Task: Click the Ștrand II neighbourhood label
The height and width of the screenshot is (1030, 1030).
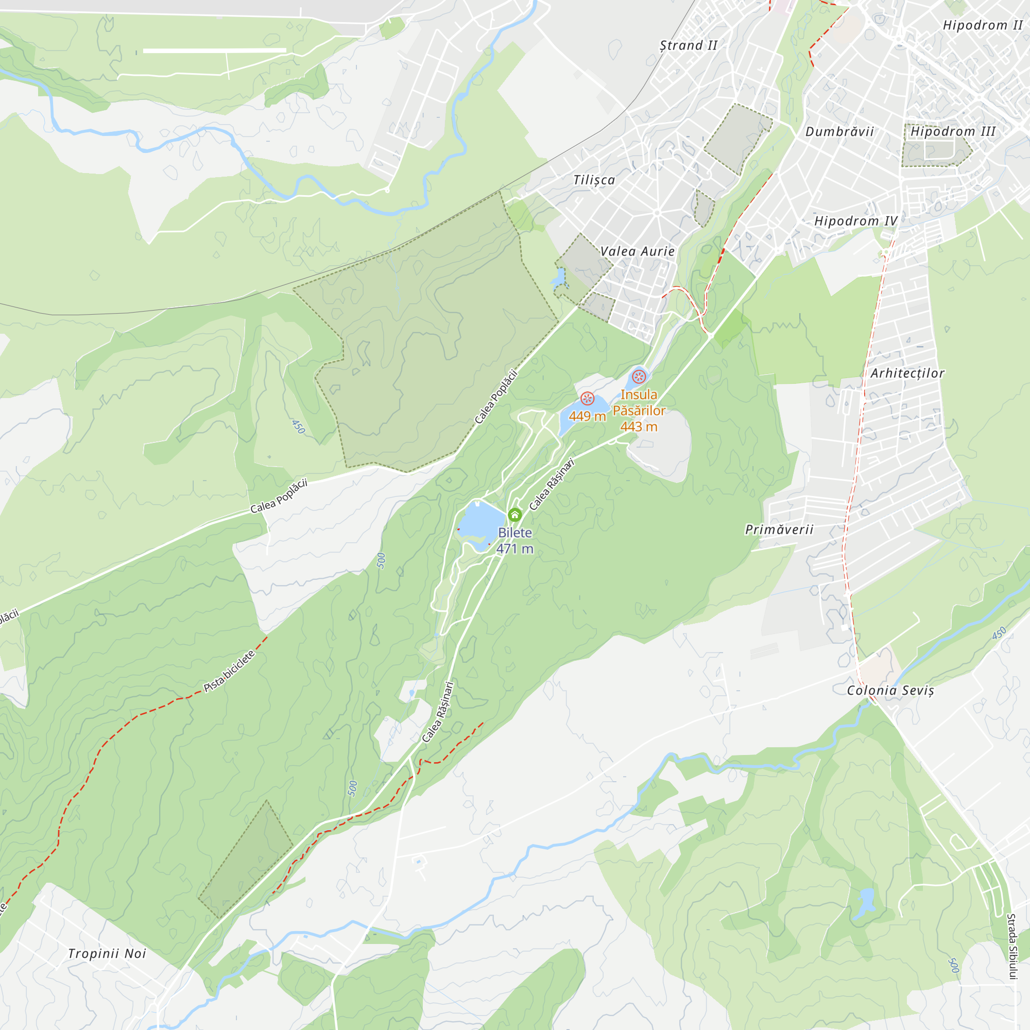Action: click(688, 45)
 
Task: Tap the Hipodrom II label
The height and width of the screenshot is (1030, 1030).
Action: click(983, 25)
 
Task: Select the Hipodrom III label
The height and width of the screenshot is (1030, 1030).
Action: click(953, 131)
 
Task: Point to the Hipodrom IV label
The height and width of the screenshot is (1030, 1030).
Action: click(855, 221)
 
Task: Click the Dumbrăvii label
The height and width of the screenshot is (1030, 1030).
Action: click(839, 131)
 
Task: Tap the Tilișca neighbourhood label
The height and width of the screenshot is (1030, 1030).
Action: click(594, 180)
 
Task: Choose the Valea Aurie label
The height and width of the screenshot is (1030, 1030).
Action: click(637, 251)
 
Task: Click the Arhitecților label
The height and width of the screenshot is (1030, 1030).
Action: click(907, 373)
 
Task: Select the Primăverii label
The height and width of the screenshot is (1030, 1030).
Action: click(779, 529)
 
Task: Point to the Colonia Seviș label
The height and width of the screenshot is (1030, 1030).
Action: click(890, 691)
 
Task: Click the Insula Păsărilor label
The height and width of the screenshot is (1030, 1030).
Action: click(639, 410)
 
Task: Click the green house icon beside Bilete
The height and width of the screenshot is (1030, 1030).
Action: click(514, 515)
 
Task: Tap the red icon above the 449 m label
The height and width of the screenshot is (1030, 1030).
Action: click(587, 398)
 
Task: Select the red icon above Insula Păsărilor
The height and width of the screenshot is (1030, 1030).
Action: click(639, 377)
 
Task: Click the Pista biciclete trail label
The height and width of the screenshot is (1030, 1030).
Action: click(229, 671)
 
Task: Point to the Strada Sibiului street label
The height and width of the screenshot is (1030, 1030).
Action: click(1011, 946)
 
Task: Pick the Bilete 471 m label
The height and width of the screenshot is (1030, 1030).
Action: click(514, 540)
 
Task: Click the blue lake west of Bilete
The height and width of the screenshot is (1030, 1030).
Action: click(480, 522)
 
